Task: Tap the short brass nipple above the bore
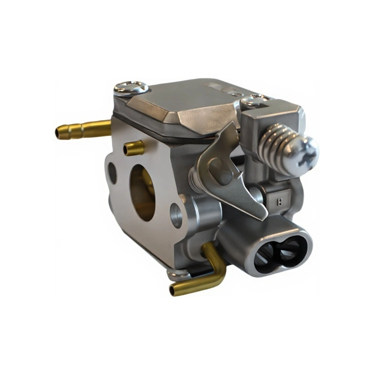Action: coord(134,148)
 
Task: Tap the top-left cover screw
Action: coord(131,87)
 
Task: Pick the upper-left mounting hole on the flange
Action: coord(112,173)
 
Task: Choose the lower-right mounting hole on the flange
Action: coord(176,216)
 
